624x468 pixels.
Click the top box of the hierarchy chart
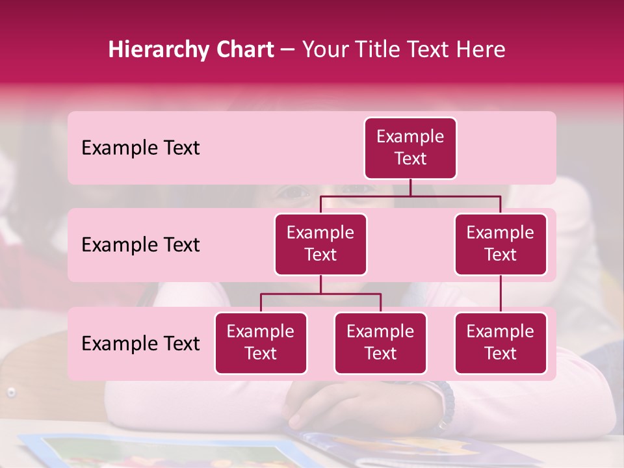(x=410, y=148)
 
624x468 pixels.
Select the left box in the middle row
(x=320, y=244)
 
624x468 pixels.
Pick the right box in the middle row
(x=500, y=244)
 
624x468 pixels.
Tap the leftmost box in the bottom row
(x=261, y=343)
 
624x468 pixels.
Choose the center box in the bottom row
(x=380, y=343)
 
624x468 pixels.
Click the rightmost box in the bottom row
(x=500, y=343)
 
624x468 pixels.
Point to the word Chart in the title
(x=242, y=50)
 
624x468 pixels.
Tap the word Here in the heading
(x=480, y=50)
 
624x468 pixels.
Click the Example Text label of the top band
(x=140, y=148)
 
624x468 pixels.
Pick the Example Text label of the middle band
(x=140, y=245)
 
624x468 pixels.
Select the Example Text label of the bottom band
(x=140, y=343)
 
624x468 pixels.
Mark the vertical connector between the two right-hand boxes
(x=500, y=294)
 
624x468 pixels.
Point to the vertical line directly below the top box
(x=410, y=187)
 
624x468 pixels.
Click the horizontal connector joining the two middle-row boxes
(x=410, y=196)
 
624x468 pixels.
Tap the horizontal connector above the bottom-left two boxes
(x=320, y=294)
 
